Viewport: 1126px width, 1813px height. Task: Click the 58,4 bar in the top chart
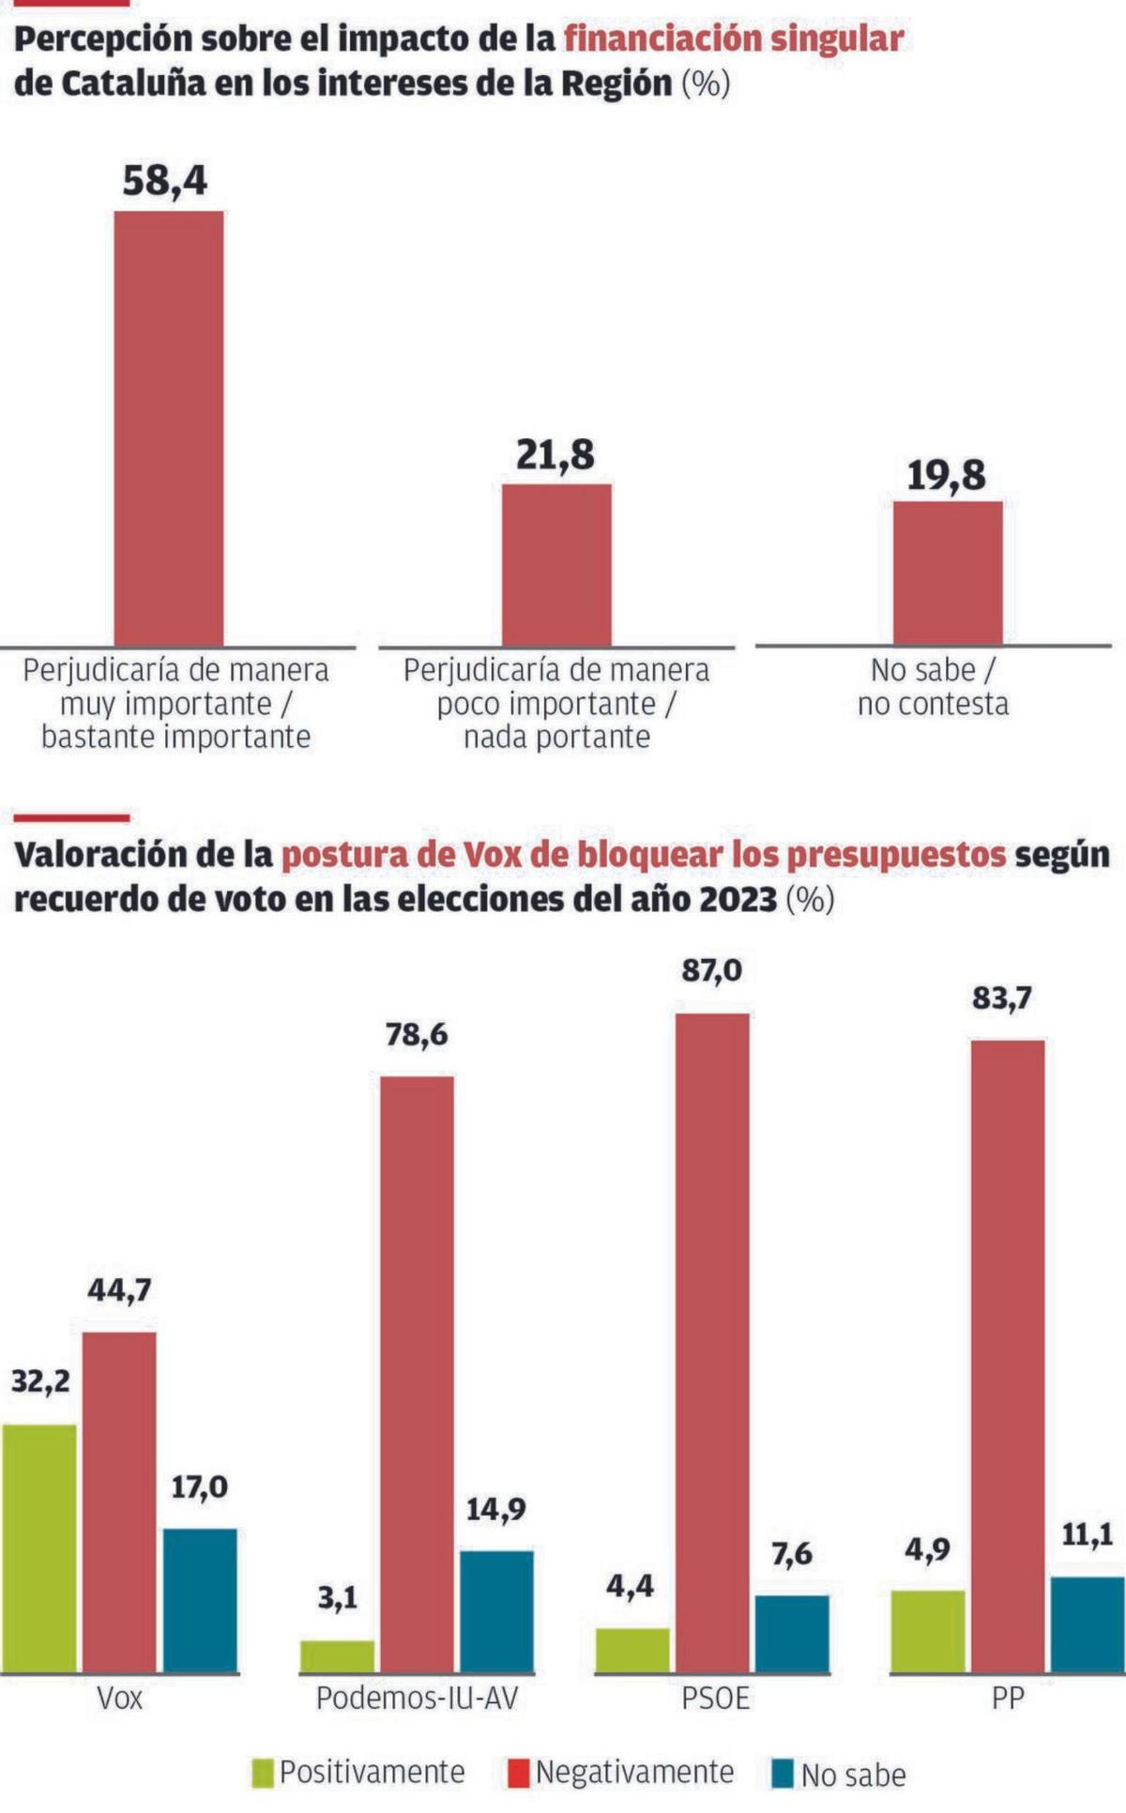click(x=169, y=428)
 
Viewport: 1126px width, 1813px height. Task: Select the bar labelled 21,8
click(x=556, y=564)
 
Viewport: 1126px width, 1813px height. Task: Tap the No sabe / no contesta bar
click(x=947, y=572)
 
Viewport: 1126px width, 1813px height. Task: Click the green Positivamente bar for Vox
click(x=38, y=1547)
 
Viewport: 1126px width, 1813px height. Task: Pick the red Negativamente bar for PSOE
click(x=712, y=1342)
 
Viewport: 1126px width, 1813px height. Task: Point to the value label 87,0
click(x=711, y=970)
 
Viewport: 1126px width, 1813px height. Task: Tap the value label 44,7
click(x=119, y=1290)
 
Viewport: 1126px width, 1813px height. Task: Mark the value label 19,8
click(x=946, y=476)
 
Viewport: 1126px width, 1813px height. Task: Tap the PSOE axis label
click(x=715, y=1698)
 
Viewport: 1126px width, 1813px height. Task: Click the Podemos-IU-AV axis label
click(x=417, y=1698)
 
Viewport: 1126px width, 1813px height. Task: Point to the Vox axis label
click(x=120, y=1698)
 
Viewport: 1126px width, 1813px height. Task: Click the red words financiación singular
click(x=734, y=38)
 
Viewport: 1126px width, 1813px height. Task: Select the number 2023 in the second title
click(x=738, y=899)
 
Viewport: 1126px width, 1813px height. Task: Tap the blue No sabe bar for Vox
click(x=200, y=1600)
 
